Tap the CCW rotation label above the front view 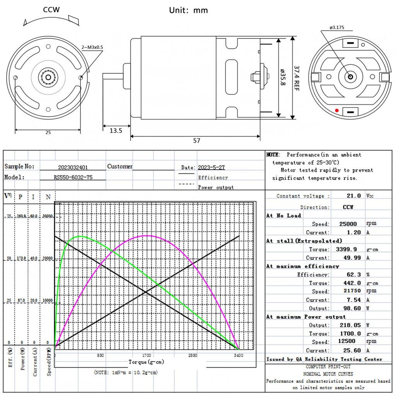pyautogui.click(x=51, y=10)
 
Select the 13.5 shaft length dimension pyautogui.click(x=116, y=131)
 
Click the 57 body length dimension pyautogui.click(x=196, y=140)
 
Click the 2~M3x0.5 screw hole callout pyautogui.click(x=92, y=47)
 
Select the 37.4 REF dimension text pyautogui.click(x=297, y=78)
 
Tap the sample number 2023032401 pyautogui.click(x=73, y=167)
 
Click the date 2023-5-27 pyautogui.click(x=211, y=167)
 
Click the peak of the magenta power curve pyautogui.click(x=147, y=235)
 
